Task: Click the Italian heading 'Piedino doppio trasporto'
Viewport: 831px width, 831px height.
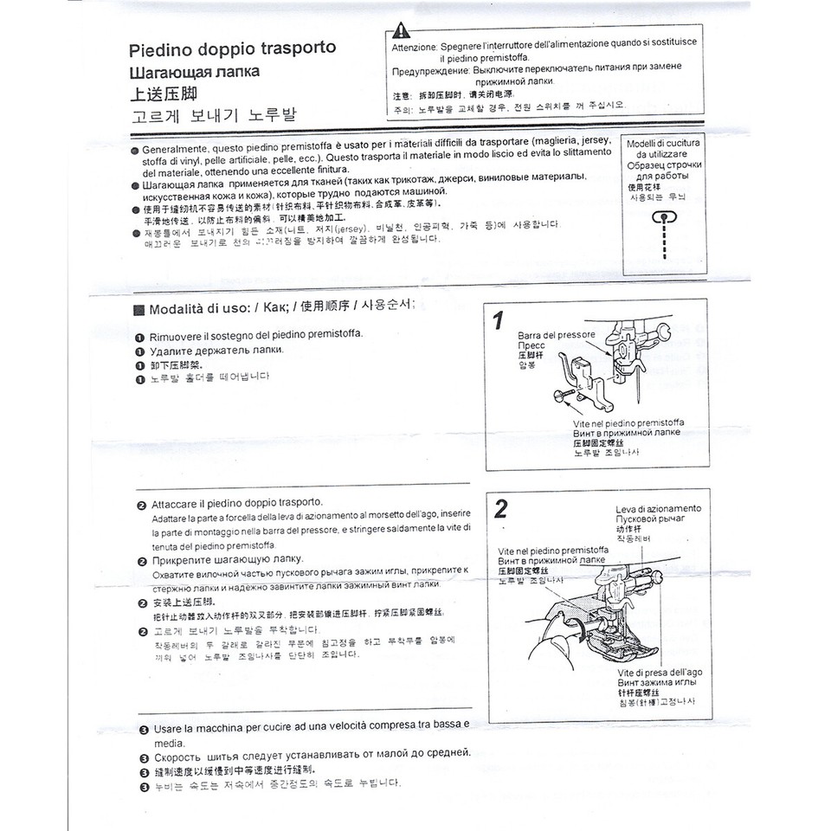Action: pyautogui.click(x=232, y=48)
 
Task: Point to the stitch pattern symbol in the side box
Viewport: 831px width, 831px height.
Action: pyautogui.click(x=663, y=221)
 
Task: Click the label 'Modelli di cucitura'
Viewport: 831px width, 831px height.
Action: pyautogui.click(x=663, y=143)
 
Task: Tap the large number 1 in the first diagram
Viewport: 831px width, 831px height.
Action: pyautogui.click(x=498, y=321)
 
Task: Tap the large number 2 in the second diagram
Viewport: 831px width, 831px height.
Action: pyautogui.click(x=500, y=509)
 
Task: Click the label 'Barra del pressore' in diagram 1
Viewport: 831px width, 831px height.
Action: pyautogui.click(x=557, y=334)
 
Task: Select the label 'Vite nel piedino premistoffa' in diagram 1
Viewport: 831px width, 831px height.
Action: pyautogui.click(x=629, y=422)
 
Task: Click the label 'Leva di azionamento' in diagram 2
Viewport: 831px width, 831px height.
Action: pyautogui.click(x=658, y=508)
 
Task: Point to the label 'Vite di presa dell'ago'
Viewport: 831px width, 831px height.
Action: pyautogui.click(x=660, y=672)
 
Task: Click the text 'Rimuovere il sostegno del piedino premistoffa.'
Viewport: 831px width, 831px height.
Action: pyautogui.click(x=256, y=335)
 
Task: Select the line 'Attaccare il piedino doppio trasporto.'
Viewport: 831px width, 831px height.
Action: pyautogui.click(x=236, y=502)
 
